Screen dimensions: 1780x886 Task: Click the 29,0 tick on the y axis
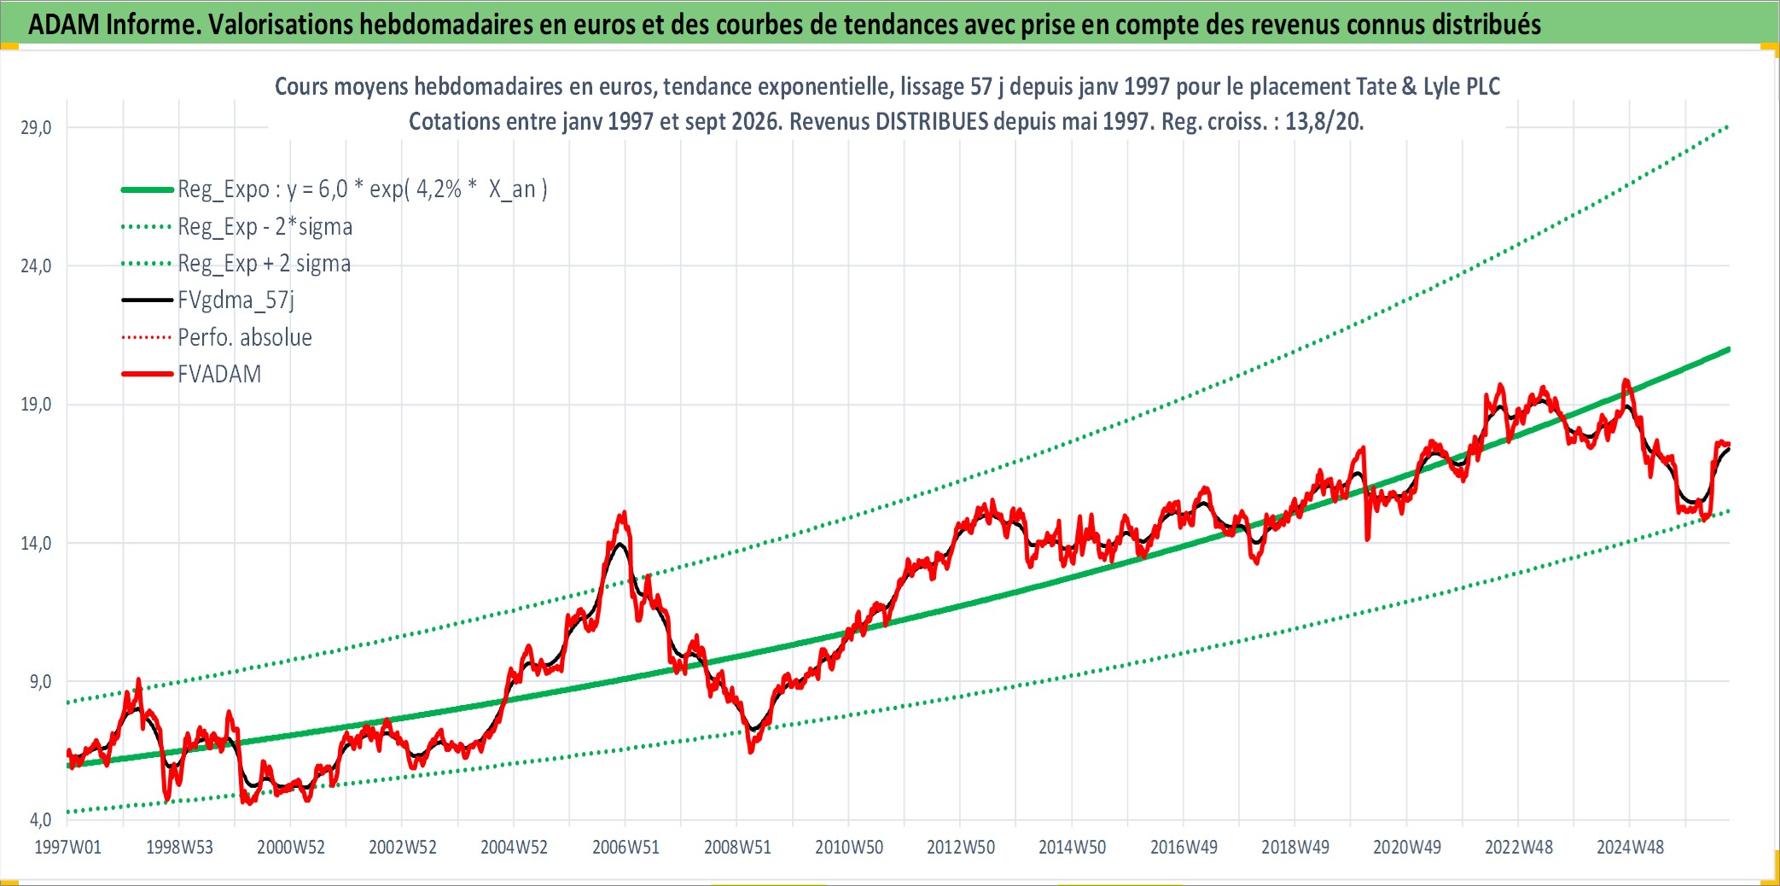pyautogui.click(x=36, y=127)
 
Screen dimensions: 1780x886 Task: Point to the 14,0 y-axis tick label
pyautogui.click(x=36, y=543)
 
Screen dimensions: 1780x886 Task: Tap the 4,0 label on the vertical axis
pyautogui.click(x=40, y=819)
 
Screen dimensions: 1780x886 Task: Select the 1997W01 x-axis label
pyautogui.click(x=67, y=847)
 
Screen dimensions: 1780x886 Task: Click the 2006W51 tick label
pyautogui.click(x=625, y=847)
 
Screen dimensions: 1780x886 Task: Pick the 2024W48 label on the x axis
pyautogui.click(x=1630, y=847)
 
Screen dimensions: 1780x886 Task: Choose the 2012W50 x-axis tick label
pyautogui.click(x=961, y=847)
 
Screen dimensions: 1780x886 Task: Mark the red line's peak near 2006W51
pyautogui.click(x=625, y=512)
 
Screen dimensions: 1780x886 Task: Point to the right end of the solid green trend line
pyautogui.click(x=1729, y=349)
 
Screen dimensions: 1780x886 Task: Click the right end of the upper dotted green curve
pyautogui.click(x=1729, y=126)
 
